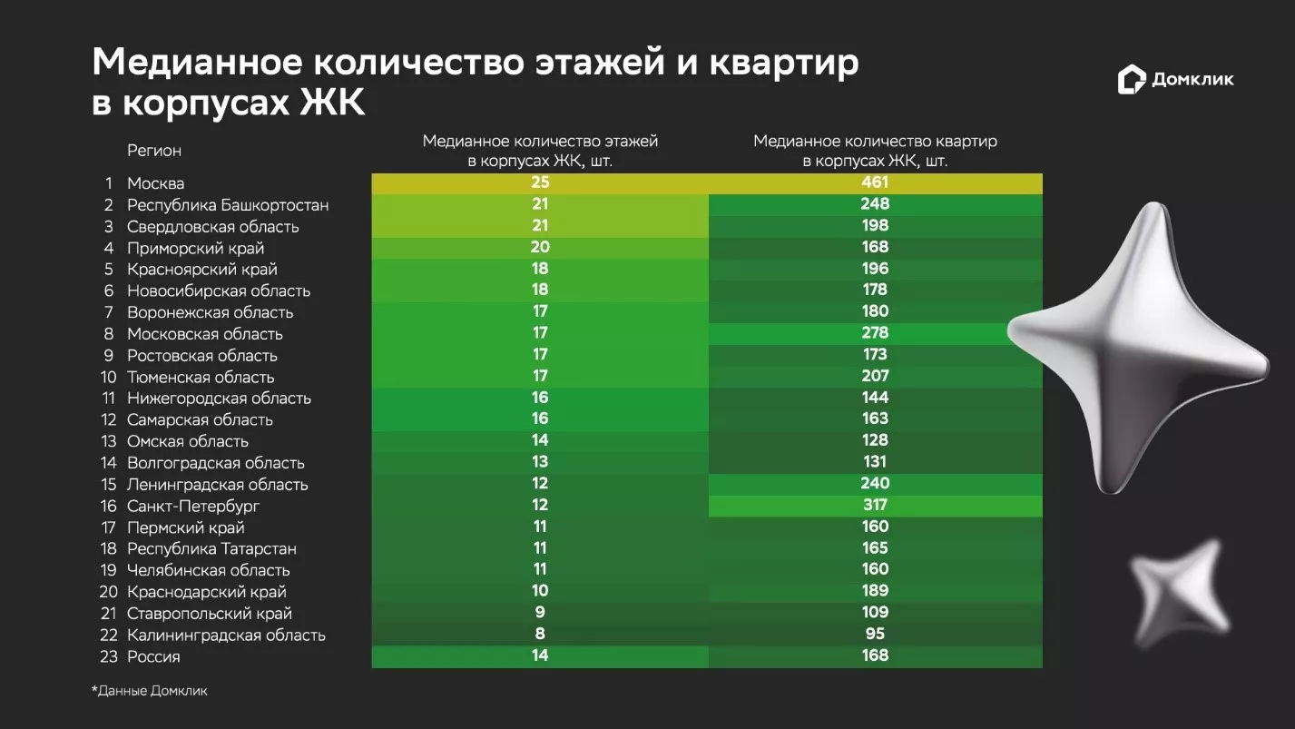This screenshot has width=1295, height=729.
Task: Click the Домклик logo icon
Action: coord(1132,80)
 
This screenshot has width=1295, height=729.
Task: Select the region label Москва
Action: coord(155,183)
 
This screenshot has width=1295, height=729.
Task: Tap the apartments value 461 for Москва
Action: coord(875,182)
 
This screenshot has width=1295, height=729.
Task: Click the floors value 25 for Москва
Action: coord(540,182)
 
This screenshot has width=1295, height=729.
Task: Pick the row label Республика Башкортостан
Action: coord(228,205)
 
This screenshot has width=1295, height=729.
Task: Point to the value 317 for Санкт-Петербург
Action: coord(875,505)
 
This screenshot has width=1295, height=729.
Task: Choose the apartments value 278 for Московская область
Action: coord(875,333)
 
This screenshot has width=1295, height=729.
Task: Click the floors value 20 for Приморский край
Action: coord(540,247)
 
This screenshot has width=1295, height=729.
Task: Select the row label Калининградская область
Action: coord(226,635)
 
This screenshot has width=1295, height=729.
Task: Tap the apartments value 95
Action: coord(875,634)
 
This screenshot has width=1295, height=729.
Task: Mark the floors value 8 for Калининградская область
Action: coord(540,634)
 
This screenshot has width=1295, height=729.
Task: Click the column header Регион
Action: coord(153,151)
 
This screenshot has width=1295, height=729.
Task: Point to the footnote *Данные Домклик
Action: coord(150,691)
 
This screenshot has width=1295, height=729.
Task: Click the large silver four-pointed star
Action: coord(1139,349)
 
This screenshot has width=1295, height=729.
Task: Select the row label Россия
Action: coord(153,657)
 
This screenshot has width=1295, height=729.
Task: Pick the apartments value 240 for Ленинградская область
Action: coord(875,483)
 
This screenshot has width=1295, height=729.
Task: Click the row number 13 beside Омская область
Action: coord(109,442)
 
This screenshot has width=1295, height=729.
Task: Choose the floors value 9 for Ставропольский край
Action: coord(540,612)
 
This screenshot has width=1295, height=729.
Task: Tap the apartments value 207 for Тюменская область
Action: coord(875,376)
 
